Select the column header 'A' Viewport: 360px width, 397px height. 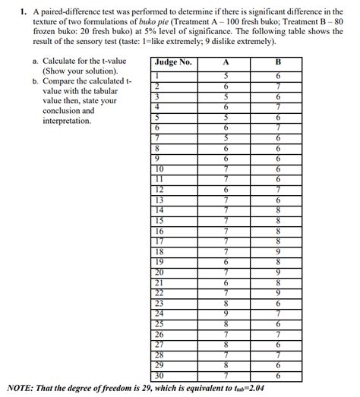point(225,62)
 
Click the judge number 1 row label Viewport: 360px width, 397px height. point(158,75)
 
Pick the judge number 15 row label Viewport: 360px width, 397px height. point(159,219)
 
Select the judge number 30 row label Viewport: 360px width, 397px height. point(159,375)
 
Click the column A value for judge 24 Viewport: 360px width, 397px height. point(225,313)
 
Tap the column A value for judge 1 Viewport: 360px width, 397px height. point(225,75)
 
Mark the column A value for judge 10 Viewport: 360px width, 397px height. point(225,168)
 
